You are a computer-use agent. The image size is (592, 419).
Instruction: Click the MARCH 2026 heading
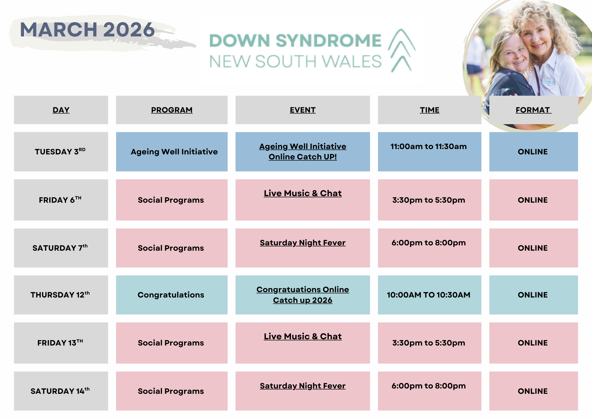pyautogui.click(x=87, y=30)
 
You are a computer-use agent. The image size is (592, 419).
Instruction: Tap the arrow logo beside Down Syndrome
pyautogui.click(x=402, y=51)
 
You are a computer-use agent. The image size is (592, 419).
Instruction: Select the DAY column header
pyautogui.click(x=61, y=110)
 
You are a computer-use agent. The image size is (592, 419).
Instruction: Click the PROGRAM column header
pyautogui.click(x=172, y=110)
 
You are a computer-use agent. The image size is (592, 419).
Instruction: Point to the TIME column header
pyautogui.click(x=429, y=110)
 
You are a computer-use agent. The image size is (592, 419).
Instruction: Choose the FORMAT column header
pyautogui.click(x=533, y=110)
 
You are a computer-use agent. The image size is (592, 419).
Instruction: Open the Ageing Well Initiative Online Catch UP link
pyautogui.click(x=303, y=151)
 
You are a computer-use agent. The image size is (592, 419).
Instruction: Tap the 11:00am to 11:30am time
pyautogui.click(x=429, y=146)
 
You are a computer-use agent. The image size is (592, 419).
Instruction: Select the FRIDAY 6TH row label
pyautogui.click(x=60, y=200)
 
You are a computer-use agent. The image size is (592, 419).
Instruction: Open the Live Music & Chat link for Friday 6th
pyautogui.click(x=303, y=193)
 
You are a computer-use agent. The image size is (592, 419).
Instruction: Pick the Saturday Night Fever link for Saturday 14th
pyautogui.click(x=303, y=386)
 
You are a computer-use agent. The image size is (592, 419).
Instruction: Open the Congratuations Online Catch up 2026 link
pyautogui.click(x=303, y=295)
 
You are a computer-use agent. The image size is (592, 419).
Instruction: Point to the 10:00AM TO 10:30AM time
pyautogui.click(x=429, y=295)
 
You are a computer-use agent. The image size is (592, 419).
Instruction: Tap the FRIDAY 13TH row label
pyautogui.click(x=60, y=343)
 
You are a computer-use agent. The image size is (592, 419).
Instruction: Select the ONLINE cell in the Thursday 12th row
pyautogui.click(x=533, y=295)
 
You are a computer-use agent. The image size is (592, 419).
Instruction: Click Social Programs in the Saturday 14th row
pyautogui.click(x=171, y=391)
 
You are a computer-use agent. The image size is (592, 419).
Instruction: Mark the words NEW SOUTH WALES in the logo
pyautogui.click(x=295, y=62)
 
